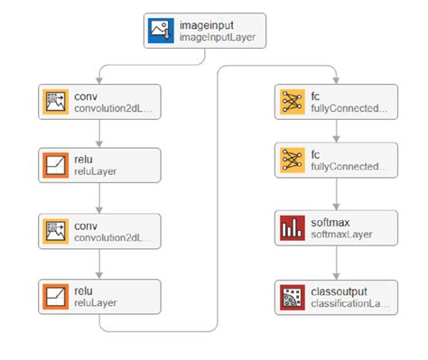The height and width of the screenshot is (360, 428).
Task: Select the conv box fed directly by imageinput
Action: (x=100, y=102)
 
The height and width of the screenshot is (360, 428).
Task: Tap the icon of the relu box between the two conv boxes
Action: (x=54, y=166)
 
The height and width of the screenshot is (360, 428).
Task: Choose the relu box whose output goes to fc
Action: (x=100, y=295)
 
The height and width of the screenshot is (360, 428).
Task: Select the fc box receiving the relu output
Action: (x=335, y=102)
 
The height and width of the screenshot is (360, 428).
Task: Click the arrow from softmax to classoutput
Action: (x=335, y=263)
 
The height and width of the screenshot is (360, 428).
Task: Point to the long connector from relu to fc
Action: (x=216, y=198)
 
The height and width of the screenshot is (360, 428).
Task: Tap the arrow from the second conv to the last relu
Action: (x=100, y=263)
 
